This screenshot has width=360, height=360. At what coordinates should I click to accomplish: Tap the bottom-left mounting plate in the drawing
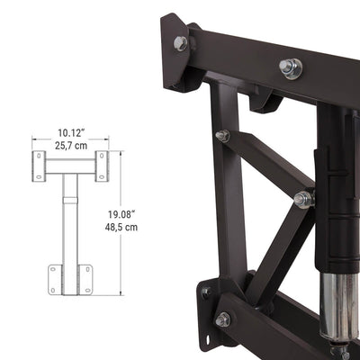(56, 278)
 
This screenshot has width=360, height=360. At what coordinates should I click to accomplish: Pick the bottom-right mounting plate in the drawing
(86, 278)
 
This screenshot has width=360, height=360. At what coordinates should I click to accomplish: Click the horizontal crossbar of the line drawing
(71, 166)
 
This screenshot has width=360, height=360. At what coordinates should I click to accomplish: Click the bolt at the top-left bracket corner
(181, 43)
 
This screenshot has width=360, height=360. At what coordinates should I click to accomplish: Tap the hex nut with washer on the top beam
(290, 67)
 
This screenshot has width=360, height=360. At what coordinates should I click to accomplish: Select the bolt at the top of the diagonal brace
(222, 136)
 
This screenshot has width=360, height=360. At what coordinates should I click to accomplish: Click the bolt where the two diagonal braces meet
(303, 199)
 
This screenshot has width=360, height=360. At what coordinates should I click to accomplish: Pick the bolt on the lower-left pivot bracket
(222, 319)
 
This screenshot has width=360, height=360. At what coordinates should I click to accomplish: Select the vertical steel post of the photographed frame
(231, 207)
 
